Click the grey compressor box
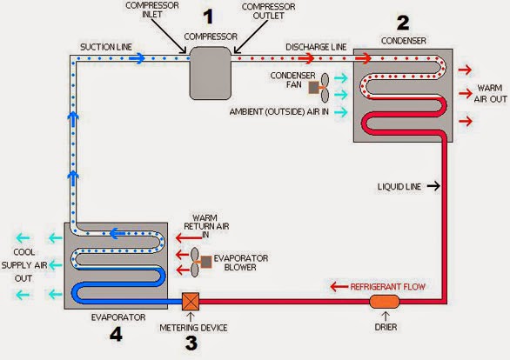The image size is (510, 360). (x=211, y=73)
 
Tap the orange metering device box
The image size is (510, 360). (x=191, y=302)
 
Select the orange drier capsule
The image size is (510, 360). (x=385, y=302)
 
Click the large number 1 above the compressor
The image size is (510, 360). (x=209, y=17)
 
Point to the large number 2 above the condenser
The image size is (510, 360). (x=403, y=23)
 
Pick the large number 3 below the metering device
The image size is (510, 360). (x=191, y=343)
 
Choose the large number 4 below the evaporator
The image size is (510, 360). (x=116, y=334)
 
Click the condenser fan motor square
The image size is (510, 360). (x=313, y=88)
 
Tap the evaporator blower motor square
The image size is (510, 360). (x=206, y=262)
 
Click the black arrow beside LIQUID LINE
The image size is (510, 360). (x=433, y=186)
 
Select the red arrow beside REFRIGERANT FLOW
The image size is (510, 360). (x=339, y=287)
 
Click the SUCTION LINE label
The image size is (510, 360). (x=106, y=47)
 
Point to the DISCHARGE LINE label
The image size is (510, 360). (x=316, y=47)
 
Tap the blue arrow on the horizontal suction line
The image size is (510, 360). (x=137, y=58)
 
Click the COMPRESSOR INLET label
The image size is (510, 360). (x=152, y=10)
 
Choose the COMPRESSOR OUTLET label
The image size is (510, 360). (x=269, y=11)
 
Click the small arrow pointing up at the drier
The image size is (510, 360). (x=386, y=317)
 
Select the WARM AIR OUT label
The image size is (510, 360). (x=490, y=94)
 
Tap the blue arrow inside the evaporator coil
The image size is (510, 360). (x=117, y=233)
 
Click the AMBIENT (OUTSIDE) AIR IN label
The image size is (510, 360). (x=279, y=112)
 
